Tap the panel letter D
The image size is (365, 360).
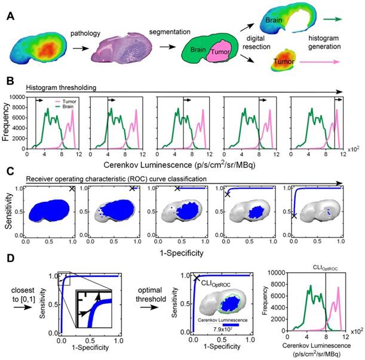(x=8, y=261)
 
